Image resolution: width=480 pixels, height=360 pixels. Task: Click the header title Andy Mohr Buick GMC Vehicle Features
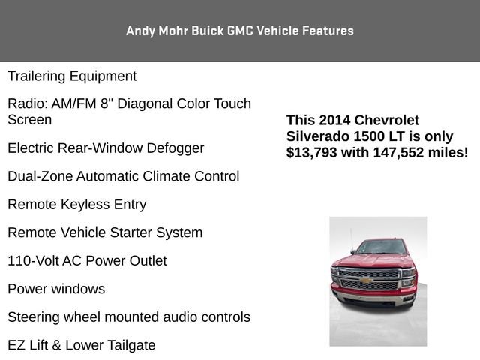coord(240,31)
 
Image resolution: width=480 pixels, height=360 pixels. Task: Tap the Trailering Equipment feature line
coord(72,76)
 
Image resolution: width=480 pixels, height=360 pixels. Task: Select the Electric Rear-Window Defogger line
coord(106,148)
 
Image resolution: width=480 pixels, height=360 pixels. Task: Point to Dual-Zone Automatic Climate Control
coord(124,176)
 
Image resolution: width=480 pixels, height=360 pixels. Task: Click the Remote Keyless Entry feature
coord(76,205)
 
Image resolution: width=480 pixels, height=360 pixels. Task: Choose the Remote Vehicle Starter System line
coord(105,232)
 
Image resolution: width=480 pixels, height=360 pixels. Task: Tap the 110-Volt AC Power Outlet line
coord(87,261)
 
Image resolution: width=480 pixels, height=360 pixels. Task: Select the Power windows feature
coord(56,289)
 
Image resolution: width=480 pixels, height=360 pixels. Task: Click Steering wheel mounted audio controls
coord(129,317)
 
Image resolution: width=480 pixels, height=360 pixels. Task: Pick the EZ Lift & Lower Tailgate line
coord(82,345)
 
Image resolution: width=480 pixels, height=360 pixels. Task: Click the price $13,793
coord(313,152)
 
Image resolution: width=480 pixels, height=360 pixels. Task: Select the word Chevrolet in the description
coord(387,121)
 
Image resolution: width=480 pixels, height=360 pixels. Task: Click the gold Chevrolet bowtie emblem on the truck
coord(367,280)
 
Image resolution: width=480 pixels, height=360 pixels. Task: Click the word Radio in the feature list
coord(26,103)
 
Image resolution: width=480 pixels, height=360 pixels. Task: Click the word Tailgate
coord(128,345)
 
